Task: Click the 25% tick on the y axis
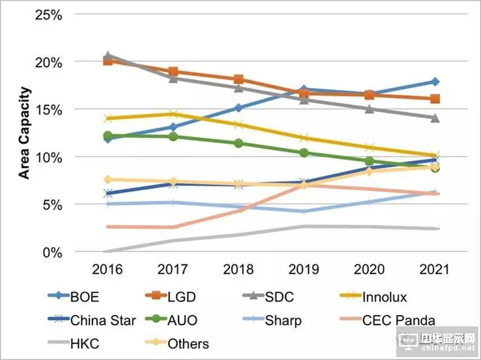click(x=49, y=15)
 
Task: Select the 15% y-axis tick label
click(x=49, y=109)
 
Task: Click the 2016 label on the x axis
click(x=108, y=269)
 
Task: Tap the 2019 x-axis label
click(x=304, y=269)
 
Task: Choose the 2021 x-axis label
click(x=434, y=269)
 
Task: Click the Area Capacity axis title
click(x=25, y=133)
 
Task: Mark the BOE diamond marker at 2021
click(x=434, y=82)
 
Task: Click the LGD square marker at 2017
click(x=173, y=72)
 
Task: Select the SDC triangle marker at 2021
click(x=434, y=118)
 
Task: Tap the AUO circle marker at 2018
click(x=239, y=143)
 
